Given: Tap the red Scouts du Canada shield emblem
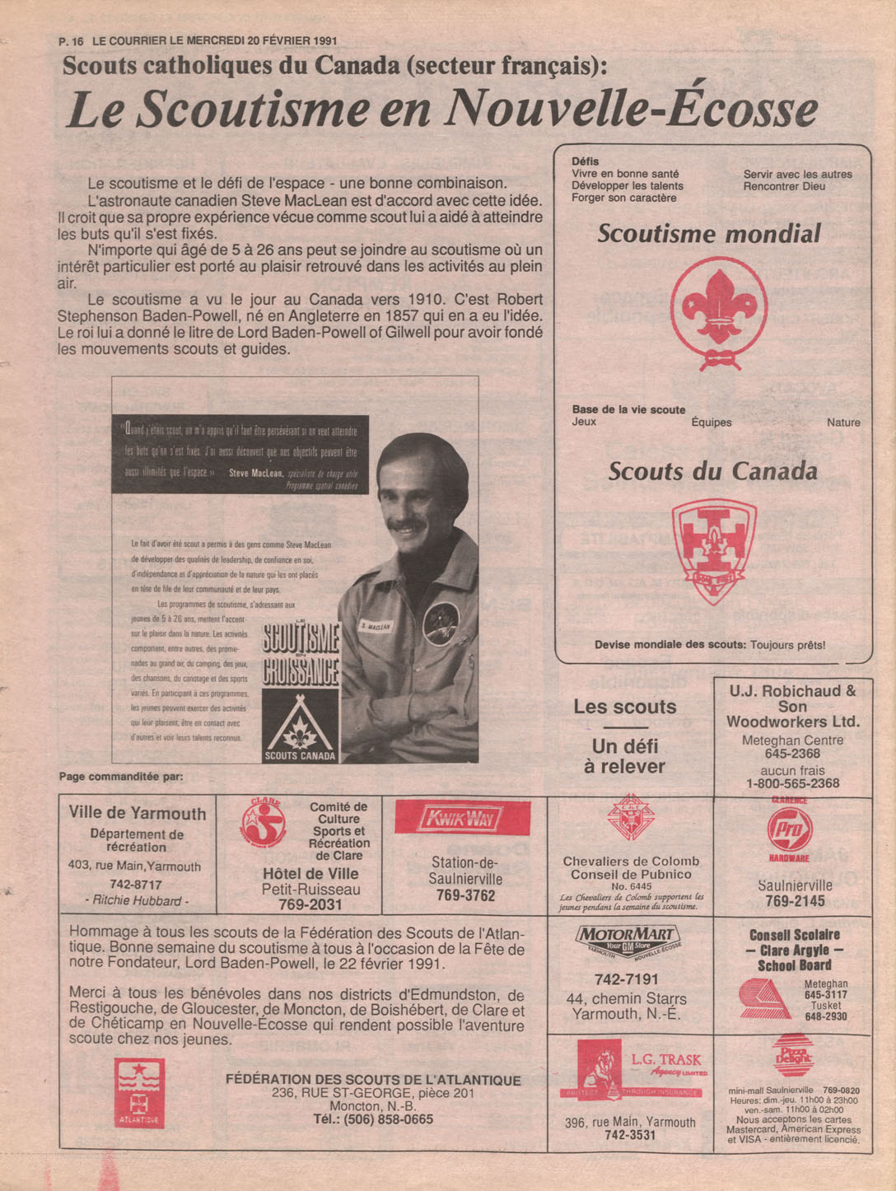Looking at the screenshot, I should click(x=713, y=548).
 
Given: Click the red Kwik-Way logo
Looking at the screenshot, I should click(x=463, y=819).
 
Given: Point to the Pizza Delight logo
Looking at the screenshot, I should click(x=793, y=1056).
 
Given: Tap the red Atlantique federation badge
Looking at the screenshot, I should click(x=139, y=1093).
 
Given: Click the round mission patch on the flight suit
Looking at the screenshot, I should click(x=441, y=623).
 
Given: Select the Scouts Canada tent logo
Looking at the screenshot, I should click(x=300, y=725).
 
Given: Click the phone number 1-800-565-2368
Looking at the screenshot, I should click(x=792, y=783).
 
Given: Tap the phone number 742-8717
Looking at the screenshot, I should click(x=136, y=884).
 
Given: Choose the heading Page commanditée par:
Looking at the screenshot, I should click(x=121, y=777).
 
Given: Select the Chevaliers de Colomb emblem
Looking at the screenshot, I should click(x=630, y=819).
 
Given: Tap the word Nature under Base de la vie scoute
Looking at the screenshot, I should click(x=843, y=423).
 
